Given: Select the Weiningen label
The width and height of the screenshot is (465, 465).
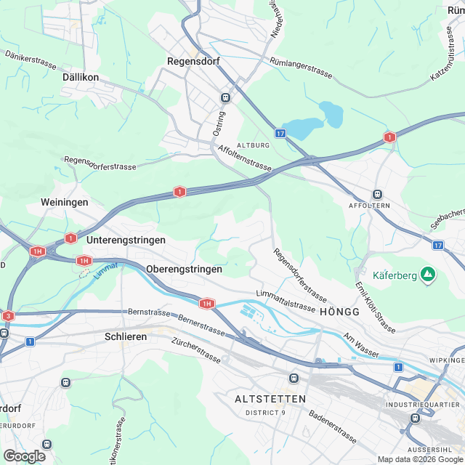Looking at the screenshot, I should coord(65,202).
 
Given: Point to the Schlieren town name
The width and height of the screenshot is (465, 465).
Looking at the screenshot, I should coord(126,336).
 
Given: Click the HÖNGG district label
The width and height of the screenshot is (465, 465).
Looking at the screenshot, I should coord(339,311).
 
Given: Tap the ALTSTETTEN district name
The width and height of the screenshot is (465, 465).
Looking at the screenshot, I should coord(270,400).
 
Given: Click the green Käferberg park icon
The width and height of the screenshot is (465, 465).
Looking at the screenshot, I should coord(428,275).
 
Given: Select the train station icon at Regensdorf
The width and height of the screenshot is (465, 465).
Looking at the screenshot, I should coord(225,97).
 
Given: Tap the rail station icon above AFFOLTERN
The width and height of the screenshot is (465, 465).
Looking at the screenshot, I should coord(377,194).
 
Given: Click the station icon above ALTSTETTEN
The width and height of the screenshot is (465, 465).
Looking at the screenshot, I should coord(294,378).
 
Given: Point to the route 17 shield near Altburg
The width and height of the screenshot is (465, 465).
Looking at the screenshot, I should coord(280,134).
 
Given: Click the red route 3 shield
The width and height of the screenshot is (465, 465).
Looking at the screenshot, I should coord(7,316).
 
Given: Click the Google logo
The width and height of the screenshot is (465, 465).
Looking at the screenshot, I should coord(24,456).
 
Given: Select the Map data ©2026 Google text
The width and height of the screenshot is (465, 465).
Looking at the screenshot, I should coord(418,458).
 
